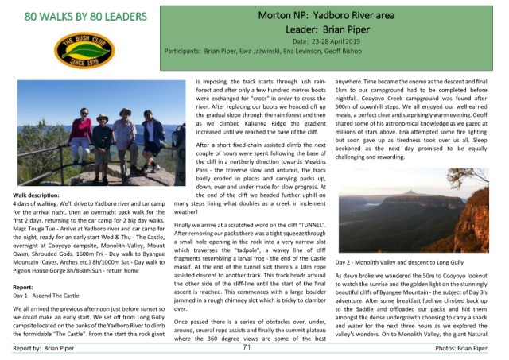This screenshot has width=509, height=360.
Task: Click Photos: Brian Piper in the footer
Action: tap(476, 348)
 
